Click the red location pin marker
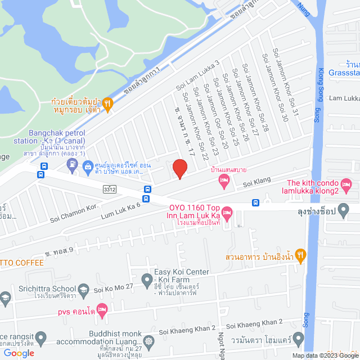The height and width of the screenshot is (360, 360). tap(179, 169)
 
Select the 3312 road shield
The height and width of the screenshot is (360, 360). tap(109, 190)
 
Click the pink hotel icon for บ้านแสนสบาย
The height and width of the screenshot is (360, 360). tap(224, 181)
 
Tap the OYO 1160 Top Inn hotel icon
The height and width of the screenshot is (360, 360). tap(227, 213)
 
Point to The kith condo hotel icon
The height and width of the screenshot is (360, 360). tap(346, 183)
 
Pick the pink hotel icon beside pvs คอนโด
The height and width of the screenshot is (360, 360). tap(102, 309)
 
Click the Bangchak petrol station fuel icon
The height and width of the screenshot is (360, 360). tap(72, 165)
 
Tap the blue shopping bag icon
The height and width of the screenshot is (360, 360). tap(88, 166)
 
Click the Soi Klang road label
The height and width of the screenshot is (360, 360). tap(257, 183)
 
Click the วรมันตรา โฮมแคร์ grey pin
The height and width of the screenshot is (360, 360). tap(298, 340)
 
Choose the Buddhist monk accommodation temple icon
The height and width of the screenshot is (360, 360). tap(148, 341)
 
